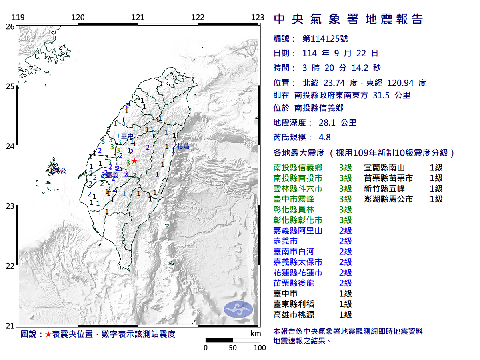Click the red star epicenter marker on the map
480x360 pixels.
tap(134, 161)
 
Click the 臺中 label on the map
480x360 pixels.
tap(127, 136)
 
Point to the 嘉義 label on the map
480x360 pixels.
tap(112, 175)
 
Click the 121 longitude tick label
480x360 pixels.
tap(138, 18)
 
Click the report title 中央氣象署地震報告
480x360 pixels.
tap(348, 19)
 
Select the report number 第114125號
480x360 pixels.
tap(325, 39)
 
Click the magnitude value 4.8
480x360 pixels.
tap(324, 137)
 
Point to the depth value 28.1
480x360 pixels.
tap(327, 123)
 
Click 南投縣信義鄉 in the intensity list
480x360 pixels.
tap(298, 168)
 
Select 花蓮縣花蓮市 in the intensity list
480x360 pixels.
tap(298, 272)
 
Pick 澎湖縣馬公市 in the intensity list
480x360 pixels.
tap(388, 199)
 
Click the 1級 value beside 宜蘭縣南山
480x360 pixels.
tap(436, 168)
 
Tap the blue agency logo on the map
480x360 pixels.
tap(238, 309)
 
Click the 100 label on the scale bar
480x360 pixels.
tap(260, 348)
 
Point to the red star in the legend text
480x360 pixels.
tap(48, 334)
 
